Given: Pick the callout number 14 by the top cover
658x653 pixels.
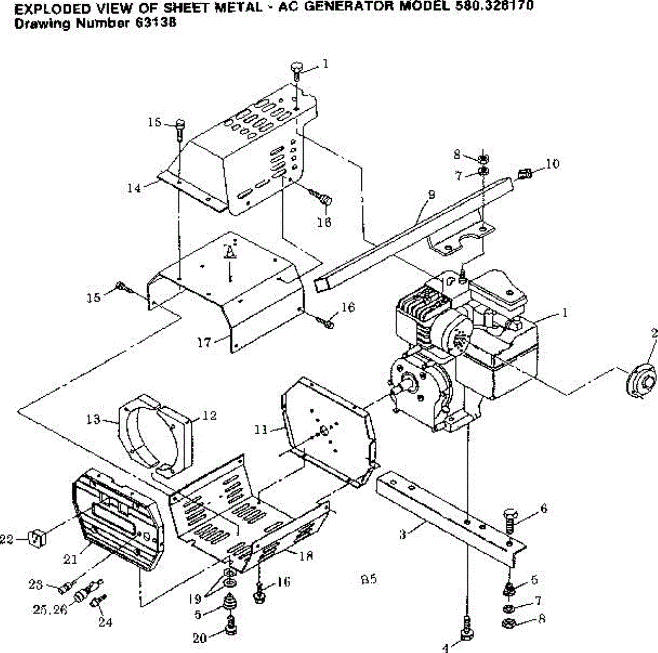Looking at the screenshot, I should click(134, 188).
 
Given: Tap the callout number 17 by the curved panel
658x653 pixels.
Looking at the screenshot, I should click(205, 343).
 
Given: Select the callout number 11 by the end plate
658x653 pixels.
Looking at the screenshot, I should click(261, 429).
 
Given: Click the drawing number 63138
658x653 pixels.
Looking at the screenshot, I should click(160, 24).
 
